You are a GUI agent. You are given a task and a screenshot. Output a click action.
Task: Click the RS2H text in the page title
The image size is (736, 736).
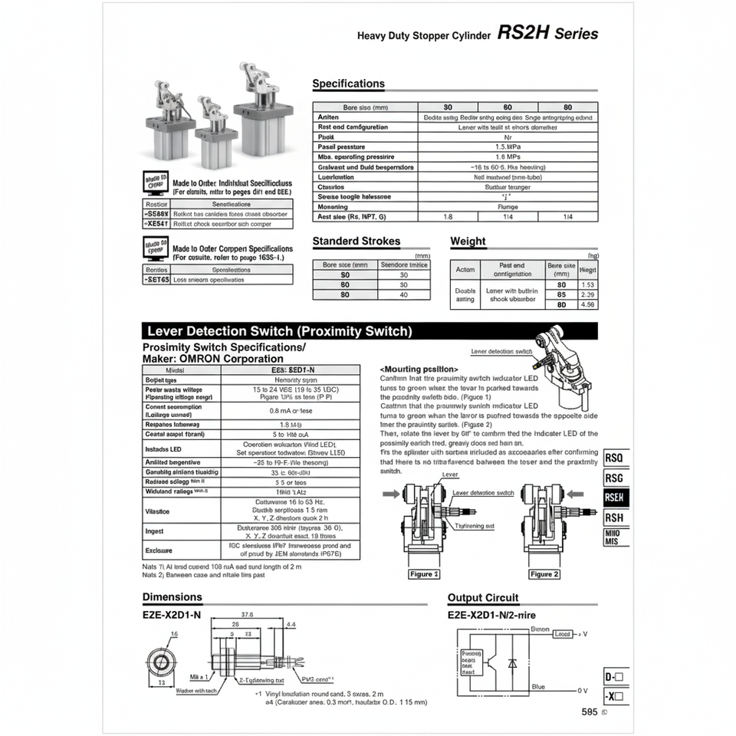(x=523, y=33)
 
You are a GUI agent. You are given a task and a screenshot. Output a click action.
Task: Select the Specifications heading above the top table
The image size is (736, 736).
(x=348, y=84)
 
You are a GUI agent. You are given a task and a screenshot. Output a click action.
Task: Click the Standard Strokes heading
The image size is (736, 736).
(x=356, y=241)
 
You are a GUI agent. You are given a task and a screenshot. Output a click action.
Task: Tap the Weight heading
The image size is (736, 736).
(x=468, y=241)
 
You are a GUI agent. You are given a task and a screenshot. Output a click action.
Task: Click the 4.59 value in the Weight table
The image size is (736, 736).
(x=588, y=304)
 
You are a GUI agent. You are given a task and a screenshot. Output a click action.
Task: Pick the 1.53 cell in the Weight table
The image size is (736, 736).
(x=588, y=284)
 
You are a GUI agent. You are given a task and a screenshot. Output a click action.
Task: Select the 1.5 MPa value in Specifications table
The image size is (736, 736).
(x=508, y=146)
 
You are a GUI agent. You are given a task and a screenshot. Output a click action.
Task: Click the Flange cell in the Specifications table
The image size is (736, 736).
(x=508, y=206)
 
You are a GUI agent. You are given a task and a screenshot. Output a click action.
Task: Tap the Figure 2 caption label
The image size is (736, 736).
(x=544, y=574)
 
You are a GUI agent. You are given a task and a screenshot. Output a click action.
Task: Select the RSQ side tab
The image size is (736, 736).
(x=614, y=458)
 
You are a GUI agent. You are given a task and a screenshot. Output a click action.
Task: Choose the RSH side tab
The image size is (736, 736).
(x=614, y=518)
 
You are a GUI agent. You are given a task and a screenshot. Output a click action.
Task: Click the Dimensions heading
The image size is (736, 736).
(x=172, y=596)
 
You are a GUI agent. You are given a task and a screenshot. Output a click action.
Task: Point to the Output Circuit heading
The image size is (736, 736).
(x=483, y=597)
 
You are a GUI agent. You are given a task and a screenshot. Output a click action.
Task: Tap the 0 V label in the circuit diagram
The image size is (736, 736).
(x=582, y=691)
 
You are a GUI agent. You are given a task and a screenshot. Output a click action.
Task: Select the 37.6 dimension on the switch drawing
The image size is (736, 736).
(x=248, y=614)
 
